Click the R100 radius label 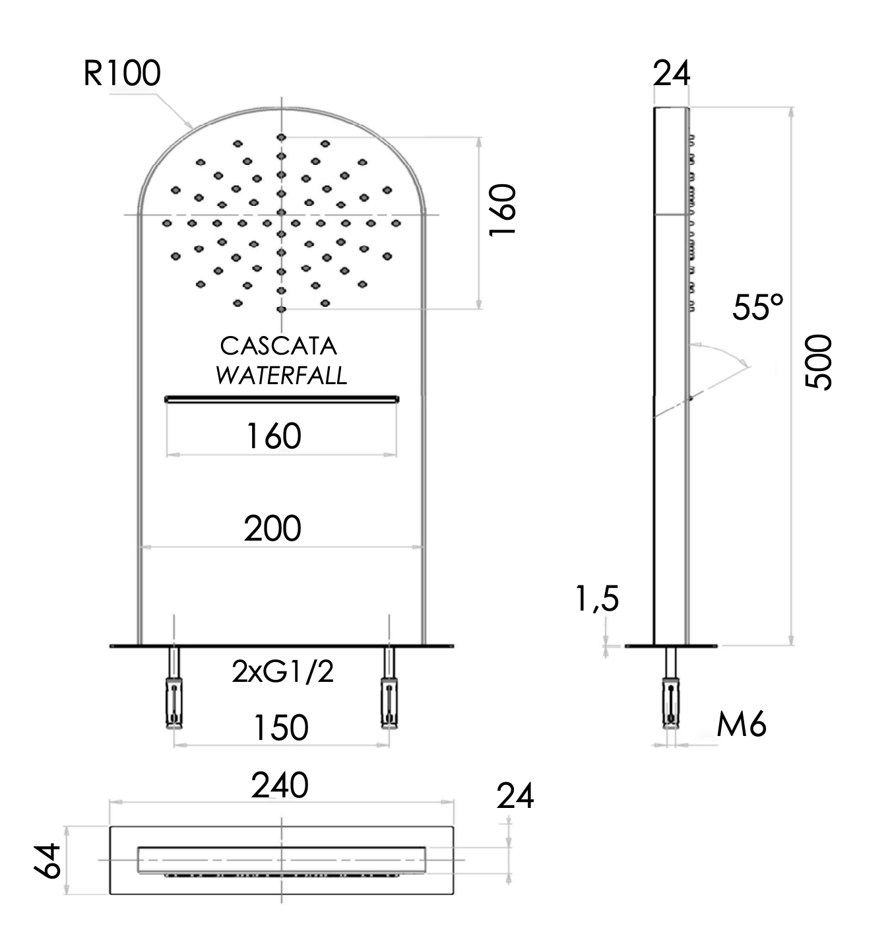[122, 73]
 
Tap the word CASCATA [278, 346]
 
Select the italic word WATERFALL [281, 376]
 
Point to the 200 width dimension [272, 529]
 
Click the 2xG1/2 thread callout [282, 672]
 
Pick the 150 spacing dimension [281, 727]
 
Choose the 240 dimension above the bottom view [280, 786]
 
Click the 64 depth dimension [48, 860]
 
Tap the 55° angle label [758, 308]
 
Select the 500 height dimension [820, 362]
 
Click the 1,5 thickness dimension [597, 599]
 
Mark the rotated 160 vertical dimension [503, 210]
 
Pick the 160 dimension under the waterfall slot [274, 436]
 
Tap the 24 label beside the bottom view [515, 797]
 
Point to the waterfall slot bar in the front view [282, 398]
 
